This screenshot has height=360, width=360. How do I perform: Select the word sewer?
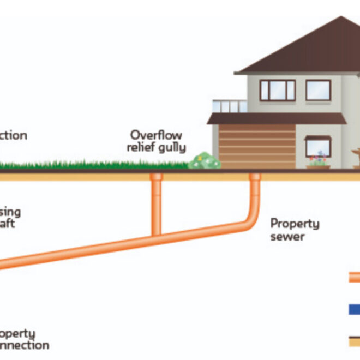287,236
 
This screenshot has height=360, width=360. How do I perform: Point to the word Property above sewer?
295,224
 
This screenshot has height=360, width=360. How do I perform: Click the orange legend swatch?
354,278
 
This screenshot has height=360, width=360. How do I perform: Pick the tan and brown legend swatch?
354,341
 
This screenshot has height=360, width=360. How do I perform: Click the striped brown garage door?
249,146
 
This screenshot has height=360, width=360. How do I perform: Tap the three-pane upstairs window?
277,91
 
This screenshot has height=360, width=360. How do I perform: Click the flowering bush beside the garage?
205,161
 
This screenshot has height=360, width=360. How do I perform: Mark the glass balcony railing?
229,106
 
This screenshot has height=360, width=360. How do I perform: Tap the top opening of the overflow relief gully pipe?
157,176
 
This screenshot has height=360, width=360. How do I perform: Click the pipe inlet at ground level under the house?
255,176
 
